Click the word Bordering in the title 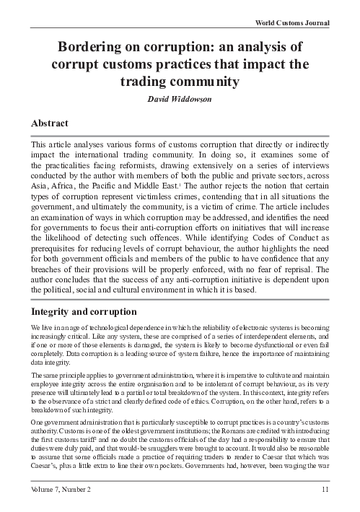tap(94, 48)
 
